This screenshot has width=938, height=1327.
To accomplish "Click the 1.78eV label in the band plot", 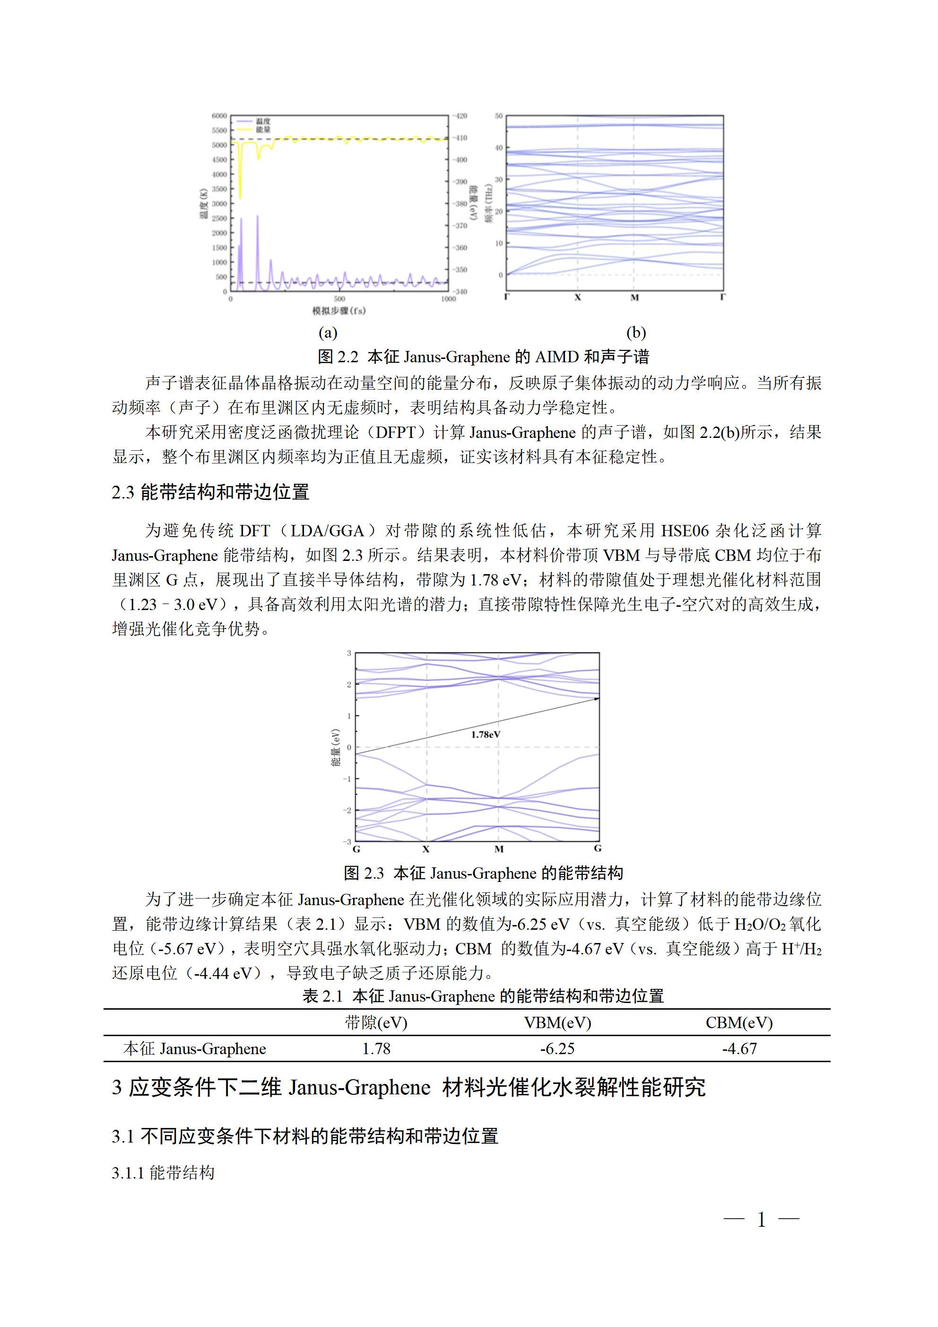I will coord(486,734).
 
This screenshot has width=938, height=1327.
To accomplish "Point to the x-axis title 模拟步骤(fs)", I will coord(339,311).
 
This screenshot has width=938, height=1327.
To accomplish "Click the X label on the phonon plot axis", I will coord(577,297).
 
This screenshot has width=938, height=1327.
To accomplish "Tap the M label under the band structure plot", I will coord(499,849).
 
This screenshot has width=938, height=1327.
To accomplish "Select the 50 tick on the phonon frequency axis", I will coord(499,116).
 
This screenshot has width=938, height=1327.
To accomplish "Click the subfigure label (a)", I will coord(328,332).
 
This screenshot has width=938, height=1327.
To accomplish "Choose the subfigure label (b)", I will coord(636,332).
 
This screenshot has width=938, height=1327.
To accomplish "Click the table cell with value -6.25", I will coord(557,1049).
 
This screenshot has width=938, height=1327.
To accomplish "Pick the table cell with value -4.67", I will coord(739,1049).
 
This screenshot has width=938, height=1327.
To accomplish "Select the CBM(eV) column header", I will coord(739,1023).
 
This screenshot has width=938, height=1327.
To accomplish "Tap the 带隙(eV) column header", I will coord(376,1023).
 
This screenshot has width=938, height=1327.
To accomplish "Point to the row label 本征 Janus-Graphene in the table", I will coord(195,1049).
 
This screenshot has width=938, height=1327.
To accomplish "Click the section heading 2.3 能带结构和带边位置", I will coord(210,492).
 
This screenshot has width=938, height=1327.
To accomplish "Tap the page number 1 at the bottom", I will coord(761,1220).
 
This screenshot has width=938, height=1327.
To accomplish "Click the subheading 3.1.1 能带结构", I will coord(163,1173).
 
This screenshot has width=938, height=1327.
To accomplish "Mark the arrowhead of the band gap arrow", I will coord(597,699).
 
